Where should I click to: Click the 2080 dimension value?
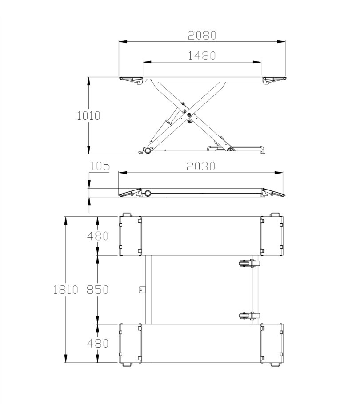202,36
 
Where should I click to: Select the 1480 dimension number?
202,55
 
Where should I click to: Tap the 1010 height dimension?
89,116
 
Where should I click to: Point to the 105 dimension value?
100,166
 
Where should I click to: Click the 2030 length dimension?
201,166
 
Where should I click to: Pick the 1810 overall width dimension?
66,289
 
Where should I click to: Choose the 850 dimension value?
97,289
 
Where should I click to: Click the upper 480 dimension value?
98,236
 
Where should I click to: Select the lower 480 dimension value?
98,344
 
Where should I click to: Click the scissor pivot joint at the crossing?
189,115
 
